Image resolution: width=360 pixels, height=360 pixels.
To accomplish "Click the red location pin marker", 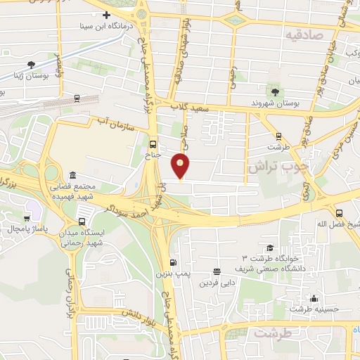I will pos(181,165).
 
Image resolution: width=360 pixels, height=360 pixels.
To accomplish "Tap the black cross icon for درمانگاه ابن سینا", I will pos(106,15).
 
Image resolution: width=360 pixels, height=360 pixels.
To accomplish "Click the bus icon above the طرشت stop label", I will pos(278,136).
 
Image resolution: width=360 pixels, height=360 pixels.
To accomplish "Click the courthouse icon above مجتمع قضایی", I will pos(73,175).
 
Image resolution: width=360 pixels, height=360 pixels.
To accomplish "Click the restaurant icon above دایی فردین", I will pos(217,271).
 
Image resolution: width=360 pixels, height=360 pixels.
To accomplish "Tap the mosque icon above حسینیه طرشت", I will pos(313,298).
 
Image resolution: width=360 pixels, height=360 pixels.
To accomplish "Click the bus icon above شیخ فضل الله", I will pos(340,212).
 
